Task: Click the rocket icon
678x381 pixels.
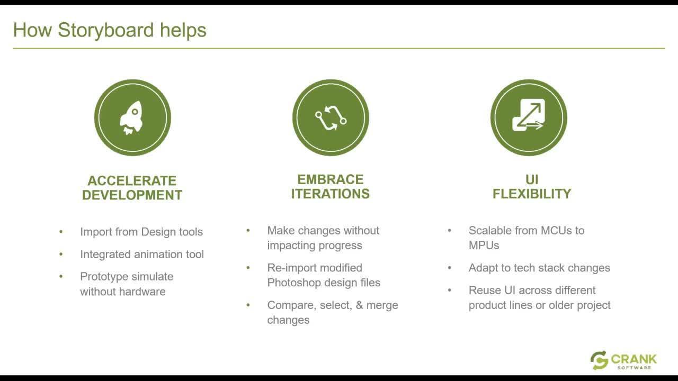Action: tap(132, 117)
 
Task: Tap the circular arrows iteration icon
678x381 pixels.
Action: tap(331, 117)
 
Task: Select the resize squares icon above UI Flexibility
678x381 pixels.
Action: tap(529, 115)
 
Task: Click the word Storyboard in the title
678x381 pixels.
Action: tap(105, 30)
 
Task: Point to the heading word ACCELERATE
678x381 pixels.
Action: tap(132, 181)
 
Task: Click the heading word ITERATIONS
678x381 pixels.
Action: tap(330, 194)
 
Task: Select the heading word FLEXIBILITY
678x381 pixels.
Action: tap(532, 194)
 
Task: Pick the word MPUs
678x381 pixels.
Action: tap(484, 246)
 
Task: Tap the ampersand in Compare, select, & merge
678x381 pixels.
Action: tap(359, 305)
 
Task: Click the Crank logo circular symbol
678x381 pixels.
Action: tap(599, 360)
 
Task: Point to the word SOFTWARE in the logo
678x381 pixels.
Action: tap(634, 368)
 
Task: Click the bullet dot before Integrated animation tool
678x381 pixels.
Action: tap(61, 255)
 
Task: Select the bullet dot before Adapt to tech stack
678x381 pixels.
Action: tap(450, 268)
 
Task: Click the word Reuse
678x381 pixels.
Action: tap(485, 291)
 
